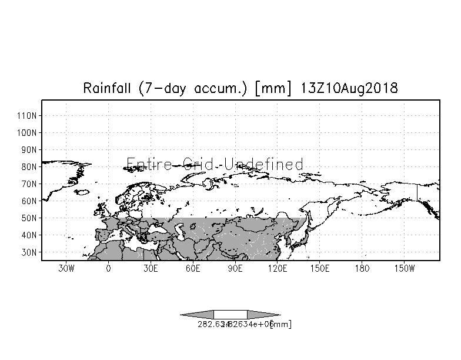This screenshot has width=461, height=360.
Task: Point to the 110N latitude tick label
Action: tap(28, 115)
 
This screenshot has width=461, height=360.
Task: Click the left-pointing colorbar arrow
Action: tap(197, 314)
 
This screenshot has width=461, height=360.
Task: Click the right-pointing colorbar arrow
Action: tap(263, 314)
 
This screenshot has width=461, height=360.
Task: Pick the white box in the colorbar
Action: tap(230, 314)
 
